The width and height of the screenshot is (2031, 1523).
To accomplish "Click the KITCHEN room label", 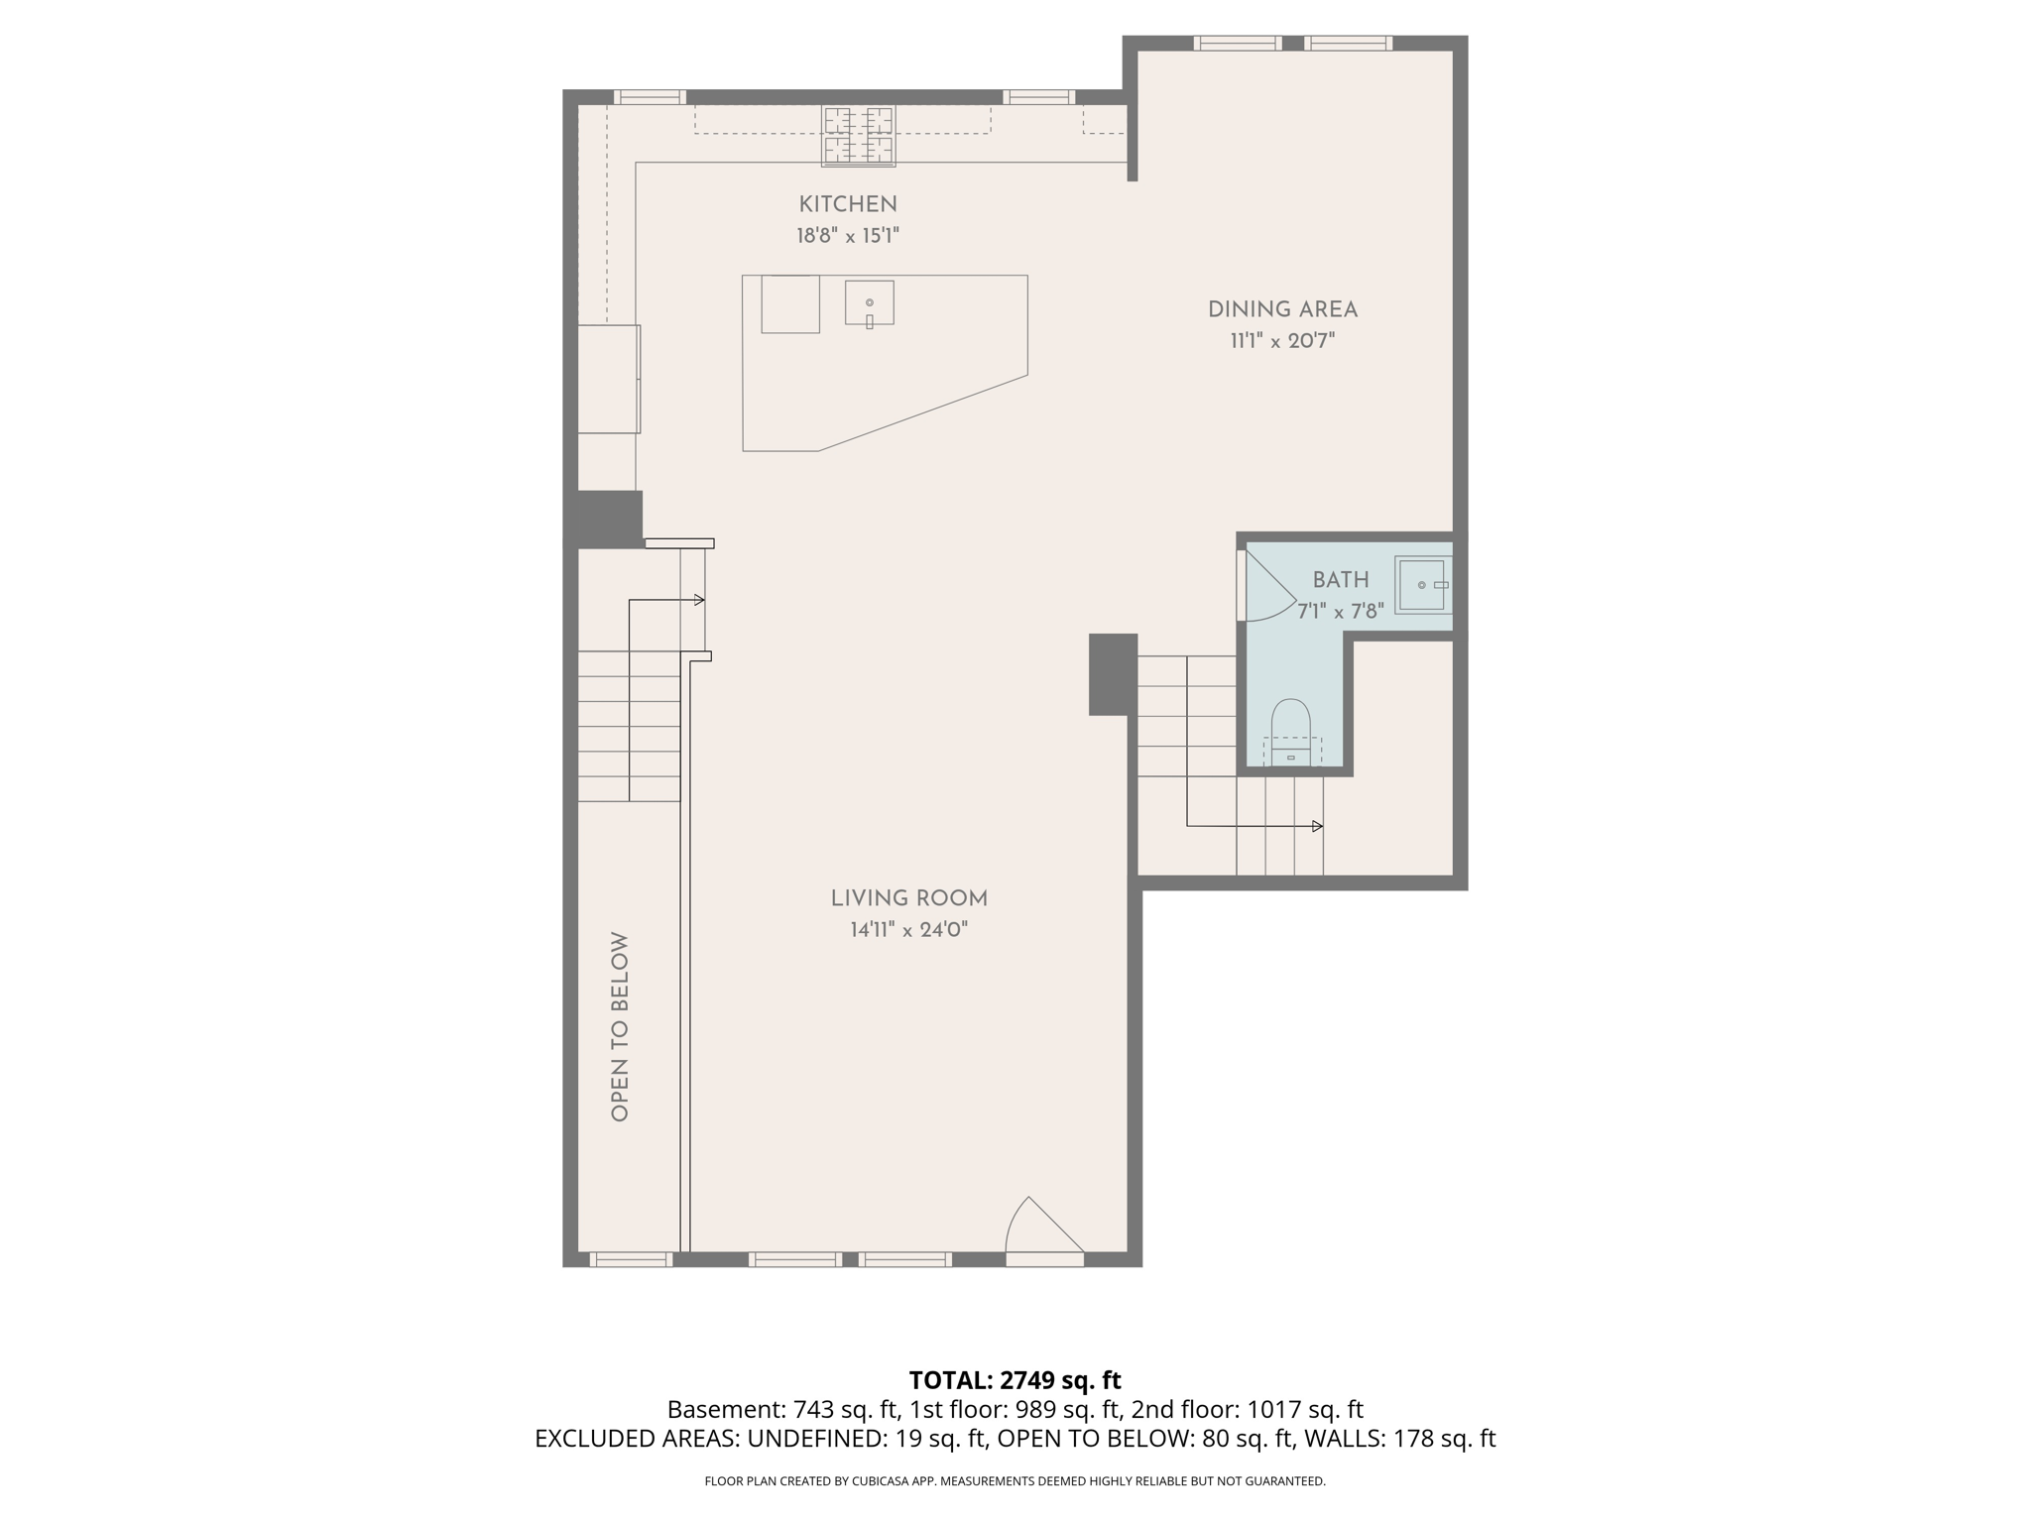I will pyautogui.click(x=848, y=204).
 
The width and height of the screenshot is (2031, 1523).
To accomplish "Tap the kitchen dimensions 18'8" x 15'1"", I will pyautogui.click(x=848, y=236).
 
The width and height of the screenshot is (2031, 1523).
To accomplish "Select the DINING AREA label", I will pyautogui.click(x=1282, y=309).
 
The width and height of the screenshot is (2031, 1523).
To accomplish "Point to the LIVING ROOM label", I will pyautogui.click(x=908, y=898).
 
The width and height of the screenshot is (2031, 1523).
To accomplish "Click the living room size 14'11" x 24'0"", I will pyautogui.click(x=908, y=930).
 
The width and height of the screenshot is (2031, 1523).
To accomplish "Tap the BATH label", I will pyautogui.click(x=1341, y=580).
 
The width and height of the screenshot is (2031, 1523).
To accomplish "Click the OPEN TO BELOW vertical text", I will pyautogui.click(x=620, y=1026).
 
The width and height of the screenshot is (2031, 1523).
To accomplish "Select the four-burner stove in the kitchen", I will pyautogui.click(x=858, y=136).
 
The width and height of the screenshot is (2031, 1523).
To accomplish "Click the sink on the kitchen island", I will pyautogui.click(x=869, y=303).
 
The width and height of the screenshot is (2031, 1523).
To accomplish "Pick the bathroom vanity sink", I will pyautogui.click(x=1422, y=585).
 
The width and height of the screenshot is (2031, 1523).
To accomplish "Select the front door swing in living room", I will pyautogui.click(x=1041, y=1230).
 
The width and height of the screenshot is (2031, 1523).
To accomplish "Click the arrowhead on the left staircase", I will pyautogui.click(x=700, y=600).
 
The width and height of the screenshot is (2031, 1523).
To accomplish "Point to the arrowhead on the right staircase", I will pyautogui.click(x=1317, y=826).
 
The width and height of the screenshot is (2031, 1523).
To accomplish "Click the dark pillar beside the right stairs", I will pyautogui.click(x=1113, y=674).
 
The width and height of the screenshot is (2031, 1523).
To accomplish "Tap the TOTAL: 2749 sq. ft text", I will pyautogui.click(x=1015, y=1380).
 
